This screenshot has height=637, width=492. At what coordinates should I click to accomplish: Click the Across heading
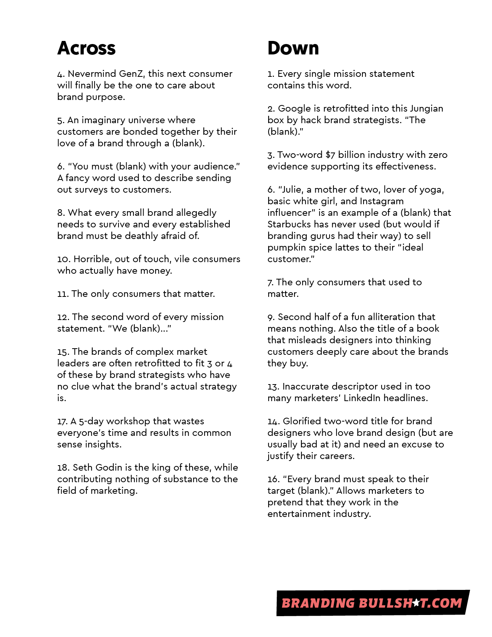(x=86, y=48)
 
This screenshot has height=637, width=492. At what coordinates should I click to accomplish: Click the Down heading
(x=293, y=48)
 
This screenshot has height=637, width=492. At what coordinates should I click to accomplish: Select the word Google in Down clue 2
(x=294, y=108)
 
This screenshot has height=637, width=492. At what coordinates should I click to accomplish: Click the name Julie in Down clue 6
(x=291, y=190)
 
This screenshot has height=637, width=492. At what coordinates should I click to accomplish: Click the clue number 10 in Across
(x=64, y=259)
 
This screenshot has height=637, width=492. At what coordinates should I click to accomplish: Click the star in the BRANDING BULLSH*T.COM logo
(x=416, y=603)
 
